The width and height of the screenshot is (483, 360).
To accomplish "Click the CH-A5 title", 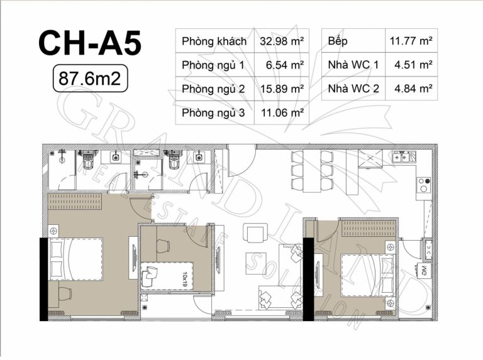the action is (x=90, y=43).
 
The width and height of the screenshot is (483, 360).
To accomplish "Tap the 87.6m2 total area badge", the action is (x=90, y=78).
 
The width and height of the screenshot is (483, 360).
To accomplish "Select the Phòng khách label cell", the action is (x=214, y=41).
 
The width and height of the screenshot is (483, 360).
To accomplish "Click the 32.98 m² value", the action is (x=282, y=41).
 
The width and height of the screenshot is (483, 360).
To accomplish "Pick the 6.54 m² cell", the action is (x=282, y=65).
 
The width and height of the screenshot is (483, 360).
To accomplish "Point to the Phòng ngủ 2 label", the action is (x=213, y=89).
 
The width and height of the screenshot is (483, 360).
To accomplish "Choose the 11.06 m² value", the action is (x=282, y=113).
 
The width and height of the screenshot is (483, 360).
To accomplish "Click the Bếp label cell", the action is (x=353, y=41).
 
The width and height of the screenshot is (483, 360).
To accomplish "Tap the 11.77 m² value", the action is (x=411, y=41).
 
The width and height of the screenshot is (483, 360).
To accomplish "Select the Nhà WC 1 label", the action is (x=353, y=65).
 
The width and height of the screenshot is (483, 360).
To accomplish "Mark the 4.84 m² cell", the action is (x=411, y=89).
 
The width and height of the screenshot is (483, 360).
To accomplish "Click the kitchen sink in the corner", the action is (x=404, y=157).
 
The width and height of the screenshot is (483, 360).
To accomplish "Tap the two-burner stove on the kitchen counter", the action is (x=423, y=185).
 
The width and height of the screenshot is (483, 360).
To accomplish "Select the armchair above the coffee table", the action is (x=255, y=232).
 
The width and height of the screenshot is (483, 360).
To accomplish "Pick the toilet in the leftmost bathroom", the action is (x=88, y=159).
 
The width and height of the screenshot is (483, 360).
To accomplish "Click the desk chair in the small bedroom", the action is (x=163, y=246).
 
